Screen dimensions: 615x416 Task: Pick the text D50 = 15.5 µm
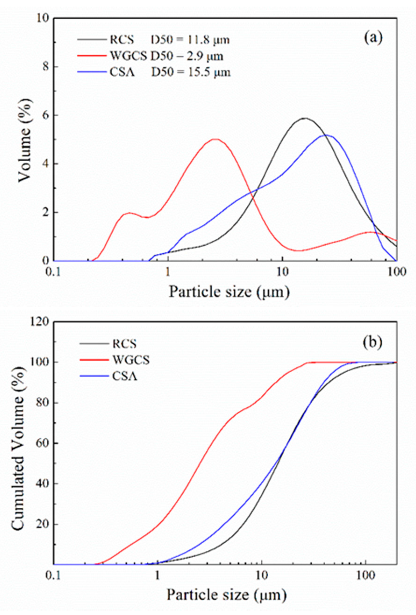point(191,72)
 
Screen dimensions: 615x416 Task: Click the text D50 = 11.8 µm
point(190,40)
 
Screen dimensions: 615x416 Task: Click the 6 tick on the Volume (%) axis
point(46,115)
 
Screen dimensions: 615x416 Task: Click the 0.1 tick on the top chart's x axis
point(54,272)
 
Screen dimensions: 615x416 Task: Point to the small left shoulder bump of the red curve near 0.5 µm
point(129,213)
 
